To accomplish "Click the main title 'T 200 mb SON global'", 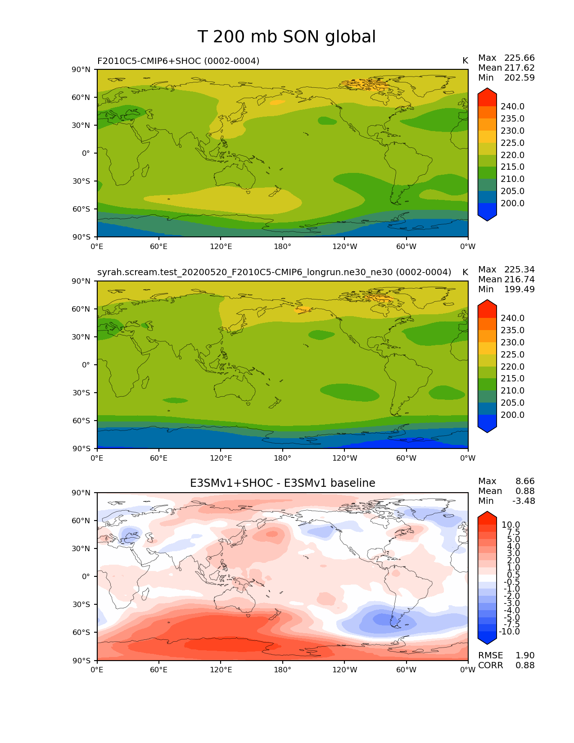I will pyautogui.click(x=286, y=37).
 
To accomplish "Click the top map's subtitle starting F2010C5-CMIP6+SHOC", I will pyautogui.click(x=178, y=61).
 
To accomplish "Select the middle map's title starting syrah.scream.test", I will pyautogui.click(x=274, y=272).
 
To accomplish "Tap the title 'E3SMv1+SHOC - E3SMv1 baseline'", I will pyautogui.click(x=282, y=483).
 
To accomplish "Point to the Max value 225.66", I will pyautogui.click(x=519, y=58).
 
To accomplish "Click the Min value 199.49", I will pyautogui.click(x=519, y=290).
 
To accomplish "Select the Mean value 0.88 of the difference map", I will pyautogui.click(x=525, y=491).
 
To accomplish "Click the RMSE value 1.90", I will pyautogui.click(x=525, y=656).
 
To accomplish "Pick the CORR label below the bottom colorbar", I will pyautogui.click(x=490, y=666).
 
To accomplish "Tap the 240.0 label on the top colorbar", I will pyautogui.click(x=512, y=107).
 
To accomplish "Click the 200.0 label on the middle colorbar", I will pyautogui.click(x=512, y=415).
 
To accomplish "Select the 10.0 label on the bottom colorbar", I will pyautogui.click(x=511, y=525).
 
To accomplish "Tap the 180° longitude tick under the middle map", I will pyautogui.click(x=282, y=458).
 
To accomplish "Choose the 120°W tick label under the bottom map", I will pyautogui.click(x=344, y=670).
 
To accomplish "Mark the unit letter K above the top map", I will pyautogui.click(x=465, y=61).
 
